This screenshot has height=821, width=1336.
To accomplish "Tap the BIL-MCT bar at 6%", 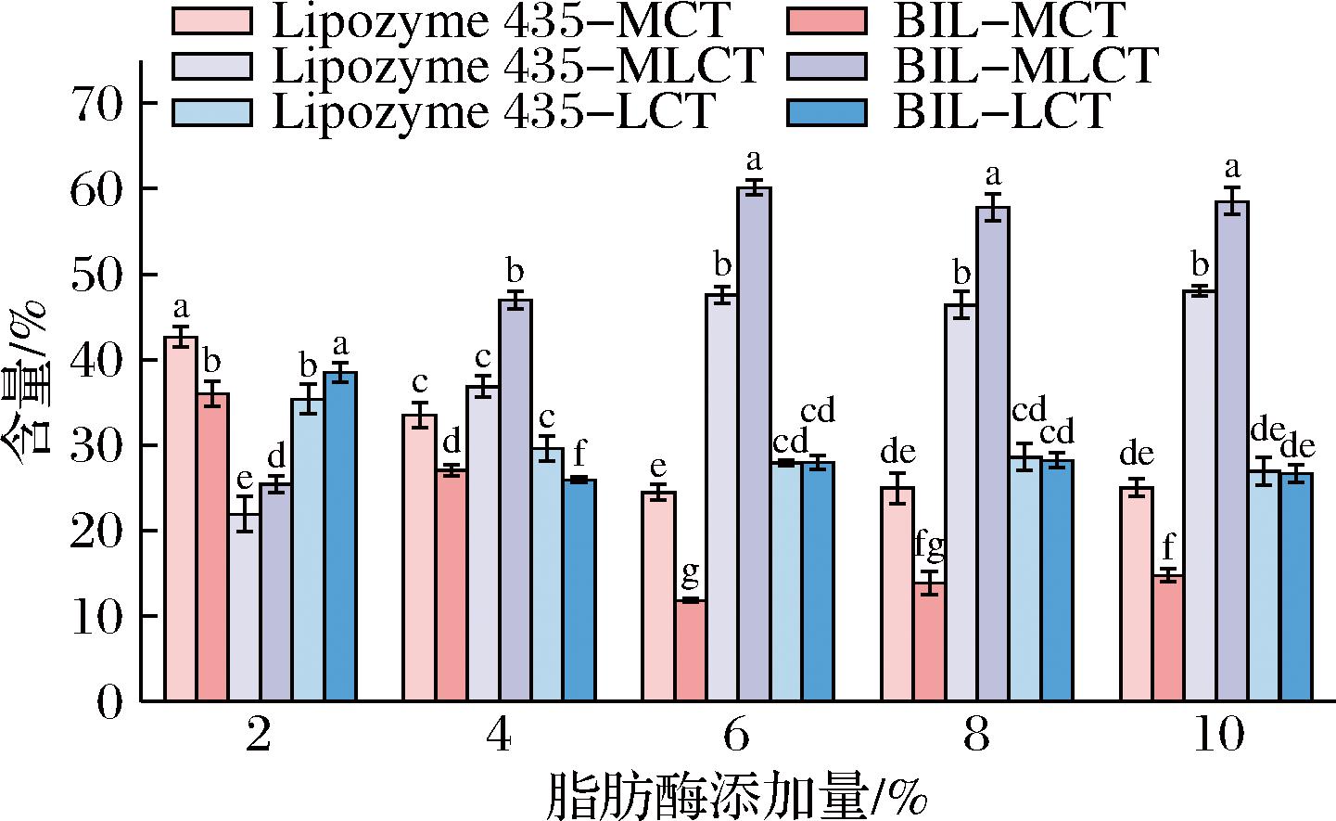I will pyautogui.click(x=691, y=649).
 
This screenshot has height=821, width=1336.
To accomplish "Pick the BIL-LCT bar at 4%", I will pyautogui.click(x=579, y=589).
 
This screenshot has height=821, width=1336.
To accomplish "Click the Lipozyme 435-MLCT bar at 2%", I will pyautogui.click(x=245, y=607).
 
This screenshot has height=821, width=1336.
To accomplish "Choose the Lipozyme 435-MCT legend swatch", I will pyautogui.click(x=212, y=20).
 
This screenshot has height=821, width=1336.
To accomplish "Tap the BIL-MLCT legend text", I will pyautogui.click(x=1025, y=65).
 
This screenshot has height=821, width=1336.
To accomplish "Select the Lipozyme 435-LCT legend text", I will pyautogui.click(x=493, y=111).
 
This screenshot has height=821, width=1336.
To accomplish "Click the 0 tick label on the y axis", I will pyautogui.click(x=109, y=701).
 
